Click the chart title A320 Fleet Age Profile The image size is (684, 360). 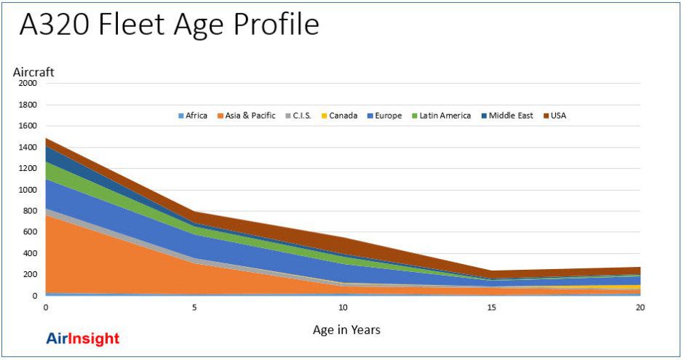tap(169, 25)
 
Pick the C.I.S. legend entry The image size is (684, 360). tap(299, 116)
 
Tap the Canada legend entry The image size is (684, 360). tap(343, 116)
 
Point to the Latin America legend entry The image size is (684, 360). tap(445, 116)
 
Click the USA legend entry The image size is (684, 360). tap(558, 116)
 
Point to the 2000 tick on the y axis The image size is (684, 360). tap(27, 84)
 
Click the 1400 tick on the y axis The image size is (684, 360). tap(27, 148)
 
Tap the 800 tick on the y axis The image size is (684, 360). tap(29, 211)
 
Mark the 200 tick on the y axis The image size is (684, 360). tap(29, 275)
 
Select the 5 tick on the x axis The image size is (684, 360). tap(194, 308)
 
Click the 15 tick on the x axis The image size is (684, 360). tap(491, 308)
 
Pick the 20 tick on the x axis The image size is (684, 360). tap(640, 308)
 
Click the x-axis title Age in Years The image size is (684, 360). tap(346, 330)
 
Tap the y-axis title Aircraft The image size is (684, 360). tap(33, 72)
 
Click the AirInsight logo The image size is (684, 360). tap(82, 339)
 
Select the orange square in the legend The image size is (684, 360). tap(220, 116)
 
